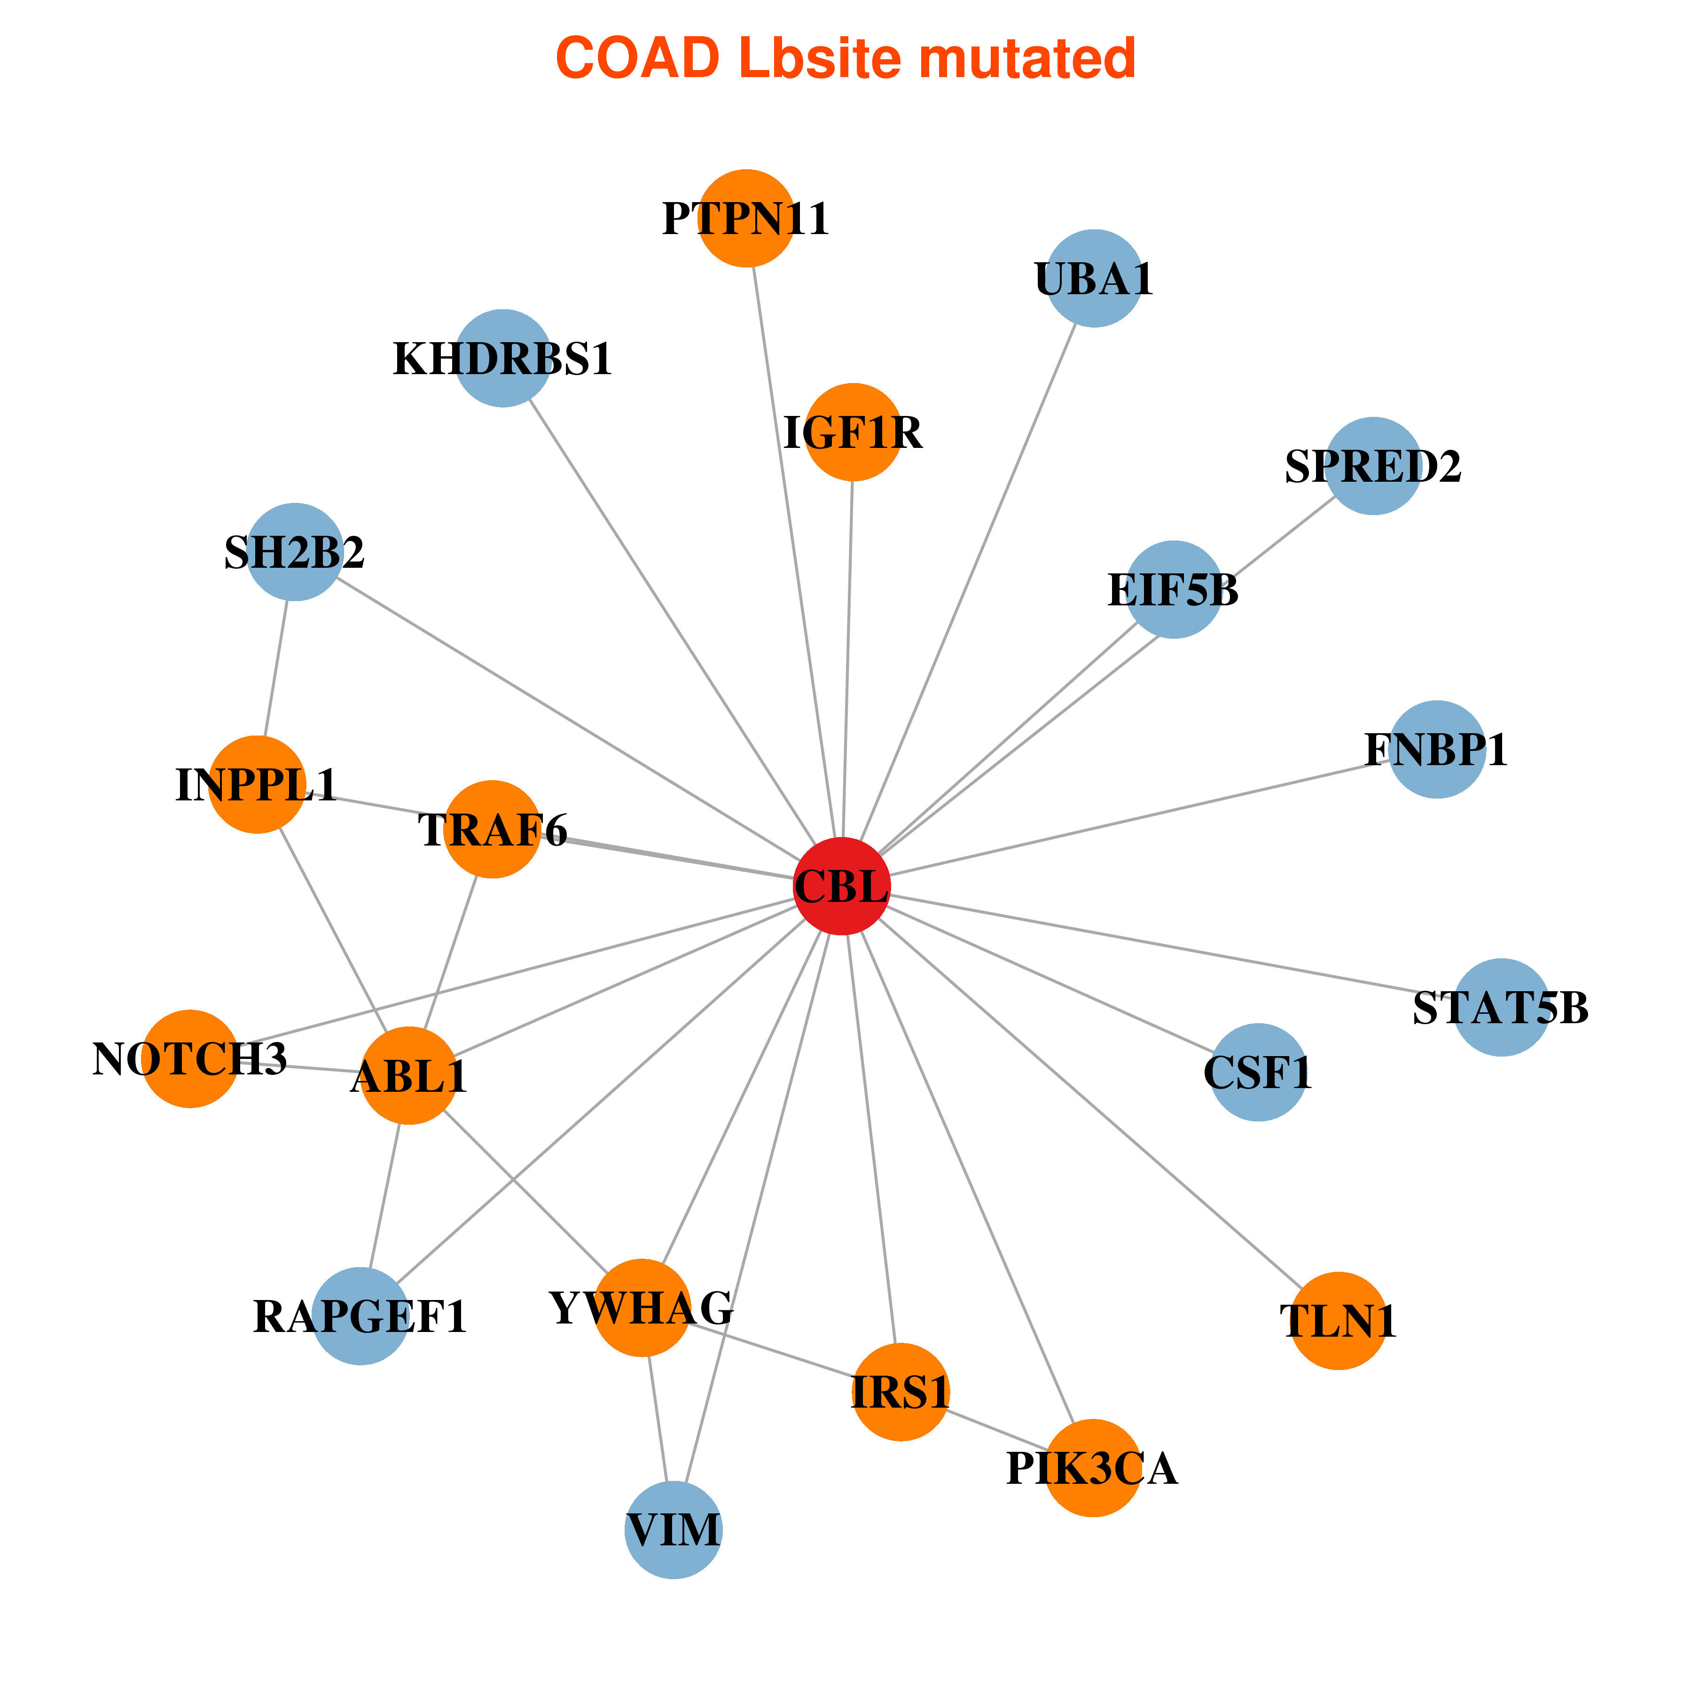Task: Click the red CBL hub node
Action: [842, 886]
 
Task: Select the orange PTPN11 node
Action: [746, 218]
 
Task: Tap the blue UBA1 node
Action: [1095, 279]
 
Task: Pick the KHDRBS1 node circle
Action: [503, 358]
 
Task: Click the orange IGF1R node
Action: [853, 432]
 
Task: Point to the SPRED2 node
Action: [1373, 466]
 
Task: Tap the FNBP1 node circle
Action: [1437, 750]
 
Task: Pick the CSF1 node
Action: [1259, 1072]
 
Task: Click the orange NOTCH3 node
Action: [190, 1059]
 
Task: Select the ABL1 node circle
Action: [409, 1075]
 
